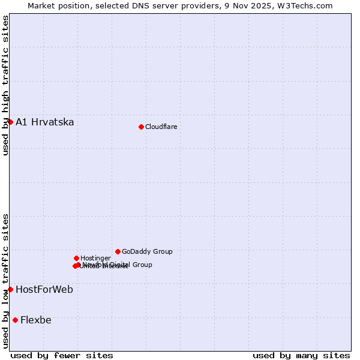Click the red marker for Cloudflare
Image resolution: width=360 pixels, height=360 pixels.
click(x=141, y=127)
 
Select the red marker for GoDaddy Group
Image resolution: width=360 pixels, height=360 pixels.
click(x=118, y=251)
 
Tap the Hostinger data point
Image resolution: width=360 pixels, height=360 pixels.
click(x=76, y=258)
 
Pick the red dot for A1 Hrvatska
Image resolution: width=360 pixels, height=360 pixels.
click(x=10, y=122)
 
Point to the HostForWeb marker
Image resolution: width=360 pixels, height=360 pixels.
click(x=10, y=289)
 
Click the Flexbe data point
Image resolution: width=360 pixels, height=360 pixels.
click(x=15, y=320)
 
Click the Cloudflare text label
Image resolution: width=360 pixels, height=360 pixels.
click(x=161, y=127)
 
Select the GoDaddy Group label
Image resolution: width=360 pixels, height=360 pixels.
click(x=147, y=251)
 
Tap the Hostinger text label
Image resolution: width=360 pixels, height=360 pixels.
click(x=95, y=258)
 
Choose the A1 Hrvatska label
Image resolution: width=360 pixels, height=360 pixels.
click(x=45, y=122)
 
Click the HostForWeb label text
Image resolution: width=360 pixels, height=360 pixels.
click(x=44, y=290)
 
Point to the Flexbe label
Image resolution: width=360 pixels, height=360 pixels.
click(x=36, y=320)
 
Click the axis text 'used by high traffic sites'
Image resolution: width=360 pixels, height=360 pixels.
click(x=5, y=85)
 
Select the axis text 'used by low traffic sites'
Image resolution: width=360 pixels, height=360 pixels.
click(x=5, y=280)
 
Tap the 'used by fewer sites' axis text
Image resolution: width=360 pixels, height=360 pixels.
click(x=62, y=355)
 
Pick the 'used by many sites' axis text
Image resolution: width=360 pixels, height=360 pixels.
click(x=301, y=355)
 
